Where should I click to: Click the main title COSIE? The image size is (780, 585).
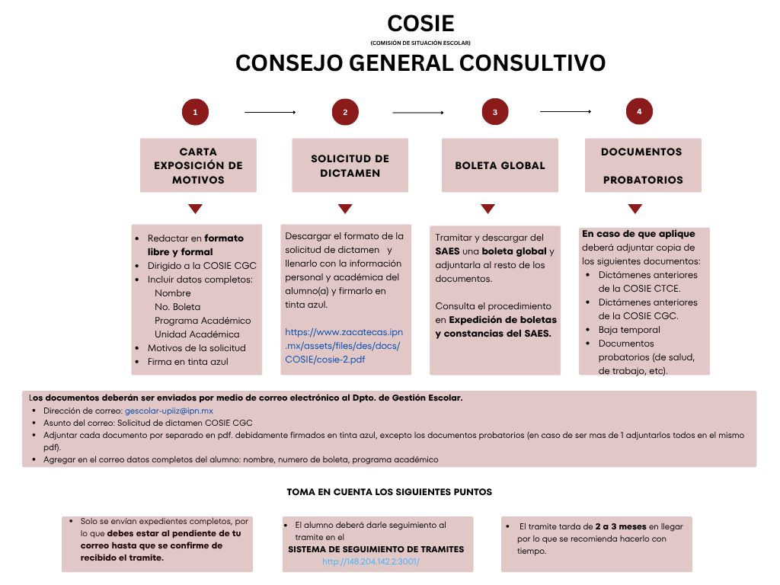[x=420, y=24]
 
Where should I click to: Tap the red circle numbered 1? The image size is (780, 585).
[x=195, y=113]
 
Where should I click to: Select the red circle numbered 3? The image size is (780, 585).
[x=495, y=113]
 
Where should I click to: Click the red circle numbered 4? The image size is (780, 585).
[x=639, y=112]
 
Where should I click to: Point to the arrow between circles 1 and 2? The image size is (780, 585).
[x=270, y=113]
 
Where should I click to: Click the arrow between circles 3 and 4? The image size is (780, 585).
[x=565, y=112]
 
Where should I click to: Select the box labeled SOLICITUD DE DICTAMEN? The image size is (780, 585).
[x=350, y=165]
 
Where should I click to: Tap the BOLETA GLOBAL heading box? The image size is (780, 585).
[x=500, y=165]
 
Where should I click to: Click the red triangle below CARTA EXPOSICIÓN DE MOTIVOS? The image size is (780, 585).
[x=195, y=209]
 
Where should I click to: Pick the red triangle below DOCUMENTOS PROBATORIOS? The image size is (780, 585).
[x=635, y=209]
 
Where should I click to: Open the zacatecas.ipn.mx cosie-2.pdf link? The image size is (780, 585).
[x=344, y=346]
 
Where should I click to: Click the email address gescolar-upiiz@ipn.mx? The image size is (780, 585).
[x=169, y=411]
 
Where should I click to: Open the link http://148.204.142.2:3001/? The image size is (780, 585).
[x=371, y=561]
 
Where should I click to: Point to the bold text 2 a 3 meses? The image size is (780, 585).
[x=621, y=526]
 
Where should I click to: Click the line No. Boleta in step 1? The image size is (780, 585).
[x=177, y=307]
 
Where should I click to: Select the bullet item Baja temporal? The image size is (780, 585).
[x=629, y=330]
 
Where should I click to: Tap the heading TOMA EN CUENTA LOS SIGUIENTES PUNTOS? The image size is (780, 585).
[x=389, y=492]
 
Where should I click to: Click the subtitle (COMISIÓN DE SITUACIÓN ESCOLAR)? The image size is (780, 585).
[x=420, y=43]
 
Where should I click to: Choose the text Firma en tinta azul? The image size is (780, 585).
[x=187, y=362]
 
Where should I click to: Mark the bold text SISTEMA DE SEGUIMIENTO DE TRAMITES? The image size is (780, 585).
[x=376, y=549]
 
